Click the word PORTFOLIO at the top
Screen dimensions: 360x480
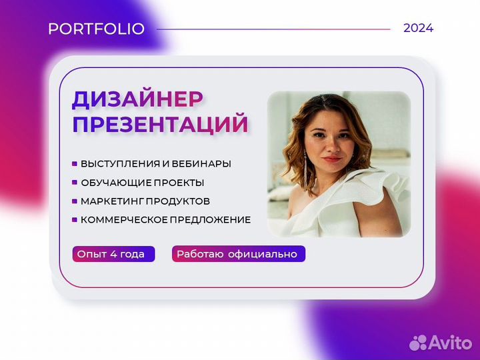point(96,29)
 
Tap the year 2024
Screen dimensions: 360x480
point(418,28)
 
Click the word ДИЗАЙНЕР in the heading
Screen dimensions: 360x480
point(138,99)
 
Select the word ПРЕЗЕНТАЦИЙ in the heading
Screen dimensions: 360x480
point(160,124)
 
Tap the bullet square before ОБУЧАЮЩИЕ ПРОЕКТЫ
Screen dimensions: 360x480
point(74,182)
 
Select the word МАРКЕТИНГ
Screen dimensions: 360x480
point(109,201)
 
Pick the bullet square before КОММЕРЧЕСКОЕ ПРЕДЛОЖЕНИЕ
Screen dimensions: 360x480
point(74,219)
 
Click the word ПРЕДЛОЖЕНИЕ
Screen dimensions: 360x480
point(213,219)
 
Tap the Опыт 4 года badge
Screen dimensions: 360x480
point(113,254)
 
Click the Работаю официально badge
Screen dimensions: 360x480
point(239,254)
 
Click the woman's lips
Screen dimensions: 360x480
point(331,159)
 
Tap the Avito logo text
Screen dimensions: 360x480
point(448,343)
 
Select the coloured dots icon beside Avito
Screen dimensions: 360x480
point(418,342)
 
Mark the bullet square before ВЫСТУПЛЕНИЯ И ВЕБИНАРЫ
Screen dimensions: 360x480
point(74,163)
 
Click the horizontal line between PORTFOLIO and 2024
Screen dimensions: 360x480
point(273,29)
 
